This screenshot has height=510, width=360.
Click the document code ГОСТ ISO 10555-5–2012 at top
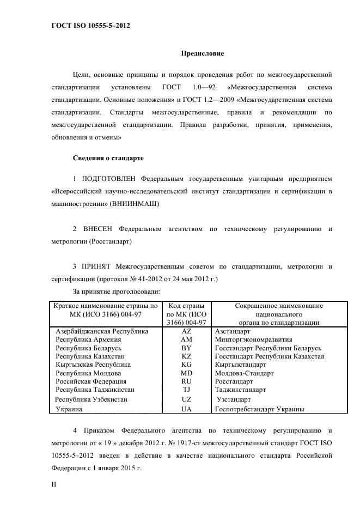coord(86,26)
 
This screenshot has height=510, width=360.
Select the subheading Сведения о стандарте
coord(108,158)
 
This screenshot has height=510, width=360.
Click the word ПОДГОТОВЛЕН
coord(108,178)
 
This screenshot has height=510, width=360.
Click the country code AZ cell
coord(186,331)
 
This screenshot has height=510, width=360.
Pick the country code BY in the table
coord(186,348)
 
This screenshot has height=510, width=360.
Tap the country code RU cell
coord(186,381)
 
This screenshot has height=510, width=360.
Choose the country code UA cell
coord(186,408)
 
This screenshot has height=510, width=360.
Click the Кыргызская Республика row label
coord(93,365)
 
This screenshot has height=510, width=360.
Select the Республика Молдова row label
coord(87,373)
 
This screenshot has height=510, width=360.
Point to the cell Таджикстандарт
coord(240,390)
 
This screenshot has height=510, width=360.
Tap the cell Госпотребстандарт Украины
coord(259,408)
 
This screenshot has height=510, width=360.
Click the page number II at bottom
coord(54,483)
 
